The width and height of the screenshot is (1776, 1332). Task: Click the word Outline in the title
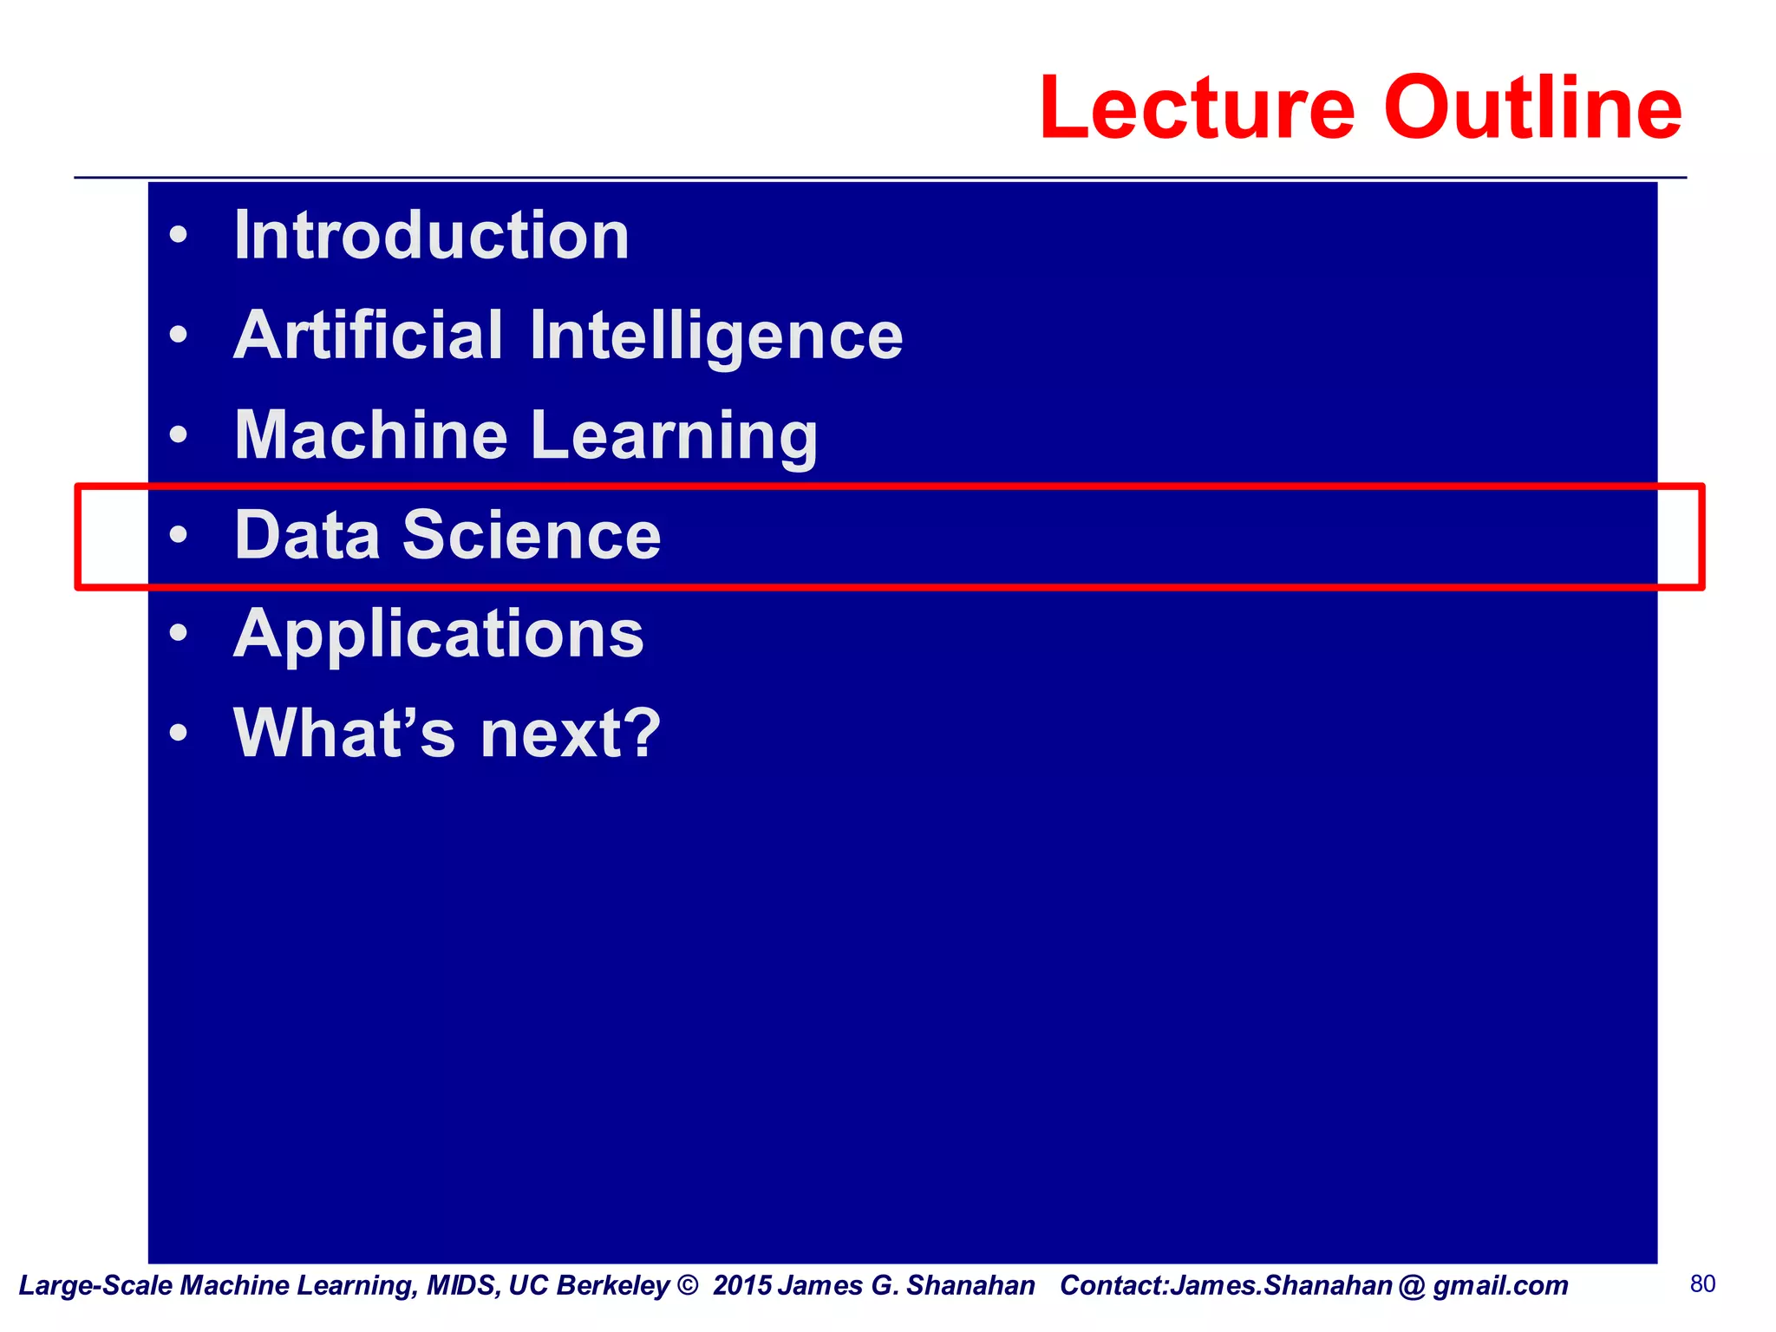pyautogui.click(x=1532, y=108)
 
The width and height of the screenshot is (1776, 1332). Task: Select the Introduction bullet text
pyautogui.click(x=432, y=236)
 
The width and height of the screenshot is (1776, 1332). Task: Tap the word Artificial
pyautogui.click(x=368, y=336)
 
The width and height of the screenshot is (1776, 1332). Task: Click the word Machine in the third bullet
pyautogui.click(x=371, y=435)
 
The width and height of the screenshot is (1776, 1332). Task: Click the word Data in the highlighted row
pyautogui.click(x=307, y=535)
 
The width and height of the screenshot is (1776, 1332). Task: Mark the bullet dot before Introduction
pyautogui.click(x=179, y=235)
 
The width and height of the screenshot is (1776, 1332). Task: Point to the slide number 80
pyautogui.click(x=1703, y=1284)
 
